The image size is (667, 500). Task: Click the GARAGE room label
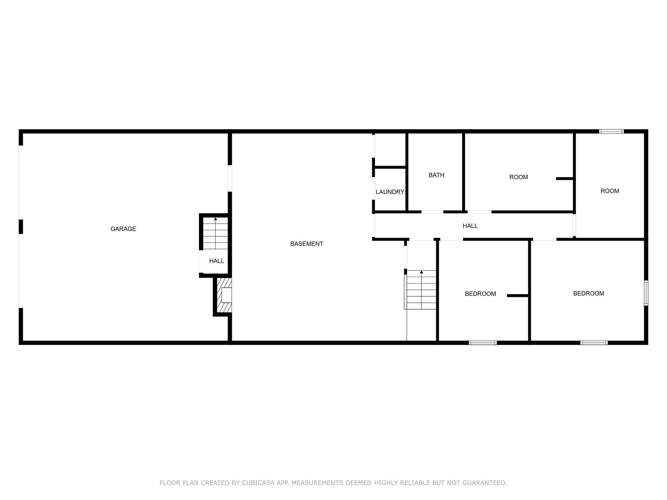tap(123, 229)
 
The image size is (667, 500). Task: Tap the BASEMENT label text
tap(306, 244)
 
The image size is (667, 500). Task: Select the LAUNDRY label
tap(390, 192)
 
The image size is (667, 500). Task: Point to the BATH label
tap(436, 175)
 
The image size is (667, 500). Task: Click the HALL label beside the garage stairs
tap(217, 261)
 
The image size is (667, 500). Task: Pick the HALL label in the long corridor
tap(470, 226)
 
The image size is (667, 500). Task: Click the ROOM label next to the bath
tap(518, 177)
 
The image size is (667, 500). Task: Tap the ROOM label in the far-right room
tap(610, 191)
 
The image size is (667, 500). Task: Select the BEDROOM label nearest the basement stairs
tap(480, 294)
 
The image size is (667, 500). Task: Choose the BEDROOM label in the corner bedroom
tap(589, 294)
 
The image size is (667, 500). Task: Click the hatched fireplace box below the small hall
tap(224, 295)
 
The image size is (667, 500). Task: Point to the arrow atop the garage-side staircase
tap(215, 219)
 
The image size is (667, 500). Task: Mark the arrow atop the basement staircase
tap(421, 272)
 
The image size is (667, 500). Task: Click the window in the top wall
tap(611, 132)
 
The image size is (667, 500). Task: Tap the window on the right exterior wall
tap(646, 293)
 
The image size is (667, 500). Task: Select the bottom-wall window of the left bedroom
tap(483, 342)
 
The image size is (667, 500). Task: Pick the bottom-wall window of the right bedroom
tap(594, 342)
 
